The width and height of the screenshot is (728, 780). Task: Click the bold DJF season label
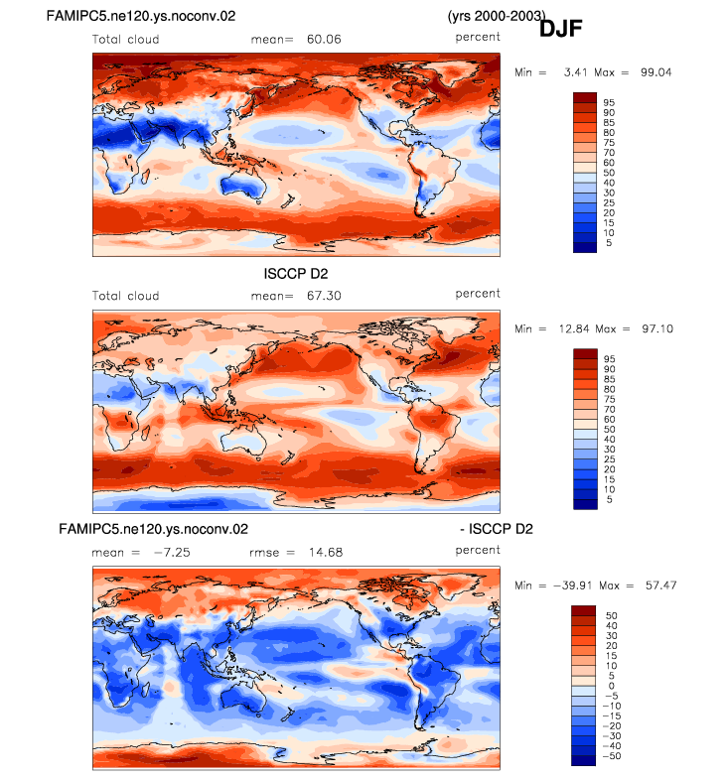561,28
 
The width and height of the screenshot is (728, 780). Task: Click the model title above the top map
141,16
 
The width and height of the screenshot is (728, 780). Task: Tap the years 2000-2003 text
497,16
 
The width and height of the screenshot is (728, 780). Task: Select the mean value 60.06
324,40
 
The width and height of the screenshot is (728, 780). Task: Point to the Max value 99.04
655,72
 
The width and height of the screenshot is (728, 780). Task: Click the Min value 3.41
576,72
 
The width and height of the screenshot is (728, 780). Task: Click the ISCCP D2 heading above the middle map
296,274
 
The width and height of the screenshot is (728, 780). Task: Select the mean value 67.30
324,296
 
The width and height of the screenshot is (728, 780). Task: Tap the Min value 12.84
574,328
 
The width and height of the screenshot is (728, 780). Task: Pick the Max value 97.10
657,328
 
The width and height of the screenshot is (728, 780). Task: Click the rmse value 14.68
326,552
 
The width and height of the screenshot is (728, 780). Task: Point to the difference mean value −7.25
172,552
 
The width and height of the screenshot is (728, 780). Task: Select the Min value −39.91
573,585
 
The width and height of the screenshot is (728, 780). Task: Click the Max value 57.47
660,585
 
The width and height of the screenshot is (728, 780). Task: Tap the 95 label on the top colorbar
609,102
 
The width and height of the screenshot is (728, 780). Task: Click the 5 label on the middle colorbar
610,499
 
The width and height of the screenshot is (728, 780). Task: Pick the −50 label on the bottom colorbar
612,756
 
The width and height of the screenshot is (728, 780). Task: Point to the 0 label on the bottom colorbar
612,686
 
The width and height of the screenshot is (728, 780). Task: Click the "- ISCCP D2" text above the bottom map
497,529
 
